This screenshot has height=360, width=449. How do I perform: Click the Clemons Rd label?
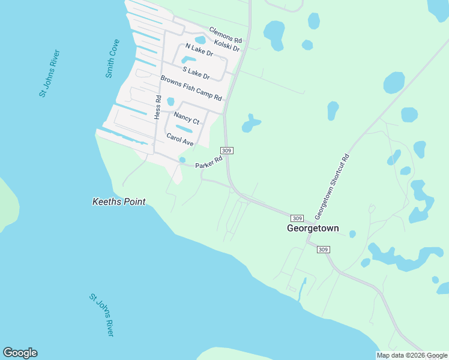(225, 35)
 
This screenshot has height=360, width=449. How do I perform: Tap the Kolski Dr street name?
(227, 45)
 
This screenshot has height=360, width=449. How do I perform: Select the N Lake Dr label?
(199, 50)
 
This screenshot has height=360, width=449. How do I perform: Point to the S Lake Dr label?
(196, 72)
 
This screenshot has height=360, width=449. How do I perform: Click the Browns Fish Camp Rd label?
(191, 88)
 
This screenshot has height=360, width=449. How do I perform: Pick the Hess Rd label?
(158, 107)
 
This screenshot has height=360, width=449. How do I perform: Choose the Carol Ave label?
(180, 140)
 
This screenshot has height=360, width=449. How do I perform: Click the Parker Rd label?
(209, 162)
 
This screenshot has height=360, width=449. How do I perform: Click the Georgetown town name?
(313, 229)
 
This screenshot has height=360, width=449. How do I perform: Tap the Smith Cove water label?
(112, 59)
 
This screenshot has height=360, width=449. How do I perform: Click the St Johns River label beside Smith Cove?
(49, 74)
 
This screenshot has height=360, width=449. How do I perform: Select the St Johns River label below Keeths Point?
(101, 314)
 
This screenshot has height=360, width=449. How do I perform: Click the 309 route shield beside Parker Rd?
(226, 150)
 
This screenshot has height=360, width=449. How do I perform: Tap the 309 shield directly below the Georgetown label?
(323, 250)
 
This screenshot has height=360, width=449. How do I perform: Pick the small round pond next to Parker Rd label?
(182, 160)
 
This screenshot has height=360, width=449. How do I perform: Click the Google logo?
(20, 353)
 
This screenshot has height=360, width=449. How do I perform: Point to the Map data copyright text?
(412, 355)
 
